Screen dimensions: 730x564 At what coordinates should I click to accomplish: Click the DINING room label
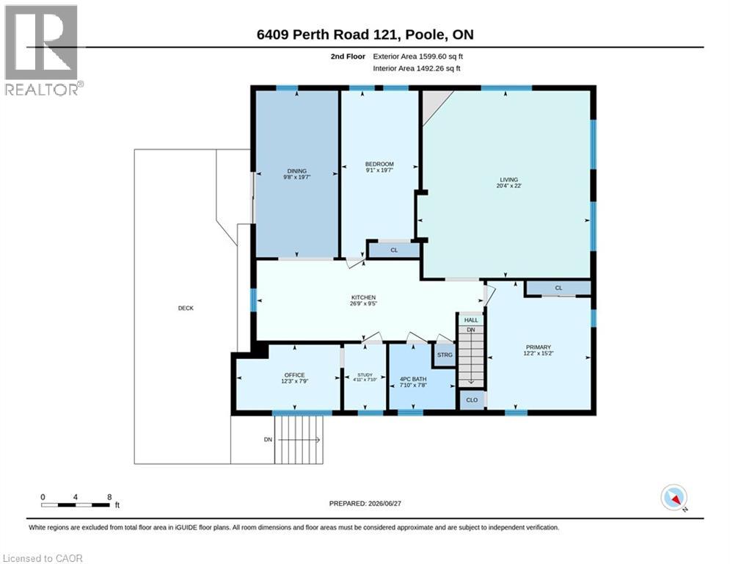pos(296,171)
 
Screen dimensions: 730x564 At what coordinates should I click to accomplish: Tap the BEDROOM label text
pos(379,164)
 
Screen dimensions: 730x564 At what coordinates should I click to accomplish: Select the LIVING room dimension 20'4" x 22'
pos(509,186)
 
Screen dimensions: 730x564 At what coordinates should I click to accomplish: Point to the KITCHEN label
pos(363,297)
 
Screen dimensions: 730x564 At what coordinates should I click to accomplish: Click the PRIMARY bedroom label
pos(539,347)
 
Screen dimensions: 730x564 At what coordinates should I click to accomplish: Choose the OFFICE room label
pos(295,375)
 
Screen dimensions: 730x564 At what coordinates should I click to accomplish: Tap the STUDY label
pos(365,375)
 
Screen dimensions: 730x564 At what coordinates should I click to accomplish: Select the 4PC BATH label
pos(413,379)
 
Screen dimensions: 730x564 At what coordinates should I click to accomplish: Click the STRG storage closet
pos(445,355)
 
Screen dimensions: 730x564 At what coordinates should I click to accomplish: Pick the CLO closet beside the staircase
pos(472,400)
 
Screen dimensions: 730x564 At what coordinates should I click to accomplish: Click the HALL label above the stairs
pos(471,320)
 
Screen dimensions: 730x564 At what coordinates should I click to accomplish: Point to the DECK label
pos(186,308)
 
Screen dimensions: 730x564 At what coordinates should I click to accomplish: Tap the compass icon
pos(674,497)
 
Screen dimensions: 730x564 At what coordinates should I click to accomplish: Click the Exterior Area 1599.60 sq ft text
pos(417,57)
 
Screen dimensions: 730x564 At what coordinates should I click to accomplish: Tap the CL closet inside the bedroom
pos(394,250)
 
